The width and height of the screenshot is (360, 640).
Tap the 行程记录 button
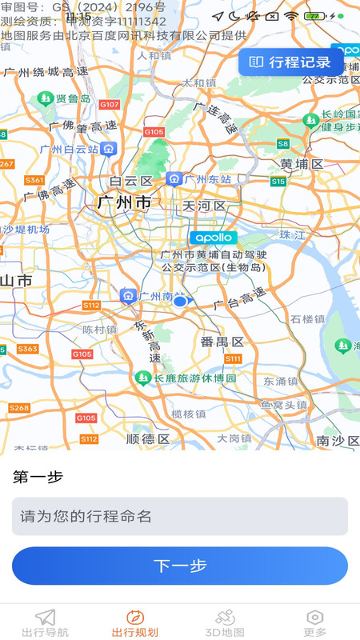pyautogui.click(x=290, y=62)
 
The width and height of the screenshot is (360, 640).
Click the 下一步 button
pyautogui.click(x=180, y=566)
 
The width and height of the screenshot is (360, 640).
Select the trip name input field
pyautogui.click(x=180, y=516)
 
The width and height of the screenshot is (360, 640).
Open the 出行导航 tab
pyautogui.click(x=45, y=622)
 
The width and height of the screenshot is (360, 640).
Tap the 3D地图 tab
pyautogui.click(x=225, y=622)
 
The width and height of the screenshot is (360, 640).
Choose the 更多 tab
pyautogui.click(x=315, y=622)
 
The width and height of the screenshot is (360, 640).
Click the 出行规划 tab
pyautogui.click(x=135, y=622)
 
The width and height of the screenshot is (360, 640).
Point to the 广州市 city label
pyautogui.click(x=124, y=203)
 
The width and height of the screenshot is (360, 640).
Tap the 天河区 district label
pyautogui.click(x=205, y=206)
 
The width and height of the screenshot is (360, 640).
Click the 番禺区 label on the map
pyautogui.click(x=222, y=342)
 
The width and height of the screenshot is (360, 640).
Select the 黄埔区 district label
pyautogui.click(x=302, y=164)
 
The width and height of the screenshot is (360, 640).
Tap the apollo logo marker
pyautogui.click(x=214, y=238)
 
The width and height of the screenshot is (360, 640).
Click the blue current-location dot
pyautogui.click(x=180, y=302)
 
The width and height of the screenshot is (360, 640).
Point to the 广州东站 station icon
pyautogui.click(x=174, y=179)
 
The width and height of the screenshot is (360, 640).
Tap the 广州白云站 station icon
pyautogui.click(x=109, y=149)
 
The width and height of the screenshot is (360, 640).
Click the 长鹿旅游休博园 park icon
pyautogui.click(x=143, y=377)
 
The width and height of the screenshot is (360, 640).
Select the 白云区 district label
pyautogui.click(x=130, y=181)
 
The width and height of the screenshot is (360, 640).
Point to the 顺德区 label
pyautogui.click(x=148, y=439)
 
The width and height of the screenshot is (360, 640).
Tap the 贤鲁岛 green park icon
pyautogui.click(x=45, y=99)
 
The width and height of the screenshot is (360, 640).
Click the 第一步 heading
pyautogui.click(x=38, y=477)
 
